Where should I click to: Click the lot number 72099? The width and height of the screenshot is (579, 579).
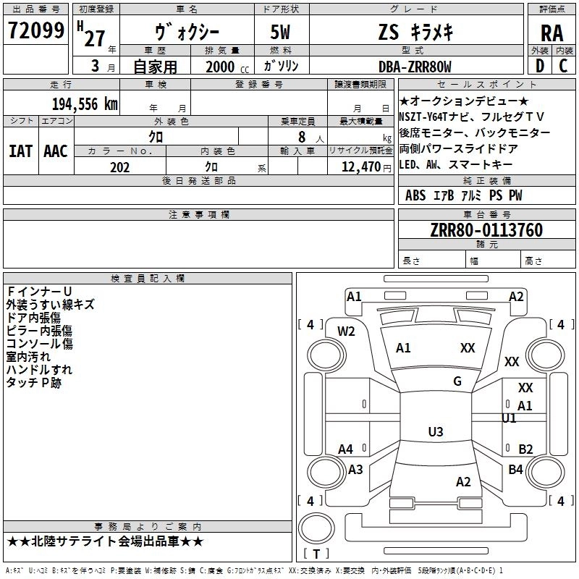pyautogui.click(x=35, y=30)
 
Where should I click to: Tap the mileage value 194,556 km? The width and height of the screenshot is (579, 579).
pyautogui.click(x=85, y=104)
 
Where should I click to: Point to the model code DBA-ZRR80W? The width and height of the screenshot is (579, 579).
pyautogui.click(x=415, y=67)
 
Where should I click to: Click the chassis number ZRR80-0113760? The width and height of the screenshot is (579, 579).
pyautogui.click(x=486, y=230)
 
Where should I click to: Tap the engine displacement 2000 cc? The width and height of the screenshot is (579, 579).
pyautogui.click(x=223, y=67)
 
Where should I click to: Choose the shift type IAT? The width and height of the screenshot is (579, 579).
pyautogui.click(x=20, y=151)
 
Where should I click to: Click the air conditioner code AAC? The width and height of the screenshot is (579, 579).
pyautogui.click(x=55, y=151)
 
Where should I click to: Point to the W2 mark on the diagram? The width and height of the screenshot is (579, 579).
pyautogui.click(x=347, y=331)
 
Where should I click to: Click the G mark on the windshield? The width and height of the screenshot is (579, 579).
pyautogui.click(x=457, y=381)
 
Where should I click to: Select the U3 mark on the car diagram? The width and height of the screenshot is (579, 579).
pyautogui.click(x=435, y=432)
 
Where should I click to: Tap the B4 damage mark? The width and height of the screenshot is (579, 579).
pyautogui.click(x=515, y=470)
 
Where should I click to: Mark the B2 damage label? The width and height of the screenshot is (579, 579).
pyautogui.click(x=525, y=449)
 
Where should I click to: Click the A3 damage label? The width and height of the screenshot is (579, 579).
pyautogui.click(x=355, y=470)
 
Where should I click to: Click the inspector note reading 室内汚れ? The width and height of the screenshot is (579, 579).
pyautogui.click(x=28, y=356)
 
